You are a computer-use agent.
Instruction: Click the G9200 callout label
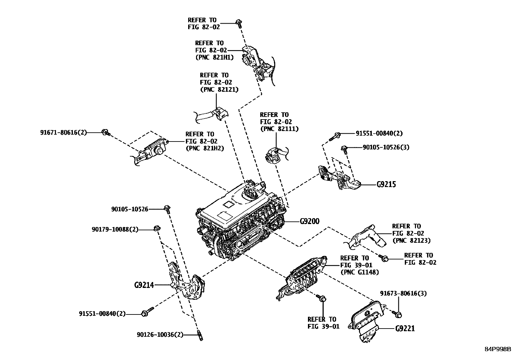point(309,222)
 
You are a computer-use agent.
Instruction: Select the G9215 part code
point(386,184)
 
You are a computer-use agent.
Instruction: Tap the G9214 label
point(144,285)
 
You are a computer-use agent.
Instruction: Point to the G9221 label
point(405,328)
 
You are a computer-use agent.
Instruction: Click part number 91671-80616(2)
point(63,132)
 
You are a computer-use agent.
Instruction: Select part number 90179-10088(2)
point(115,230)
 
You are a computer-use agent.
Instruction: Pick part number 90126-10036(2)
point(160,335)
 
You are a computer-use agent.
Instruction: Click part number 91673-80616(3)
point(403,293)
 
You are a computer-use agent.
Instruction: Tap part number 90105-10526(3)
point(386,147)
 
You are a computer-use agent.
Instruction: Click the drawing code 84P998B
point(498,349)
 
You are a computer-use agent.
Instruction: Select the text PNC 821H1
point(214,57)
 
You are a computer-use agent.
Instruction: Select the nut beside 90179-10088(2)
point(157,228)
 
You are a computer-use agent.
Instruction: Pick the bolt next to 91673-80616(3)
point(398,314)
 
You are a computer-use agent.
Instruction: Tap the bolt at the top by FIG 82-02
point(239,23)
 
